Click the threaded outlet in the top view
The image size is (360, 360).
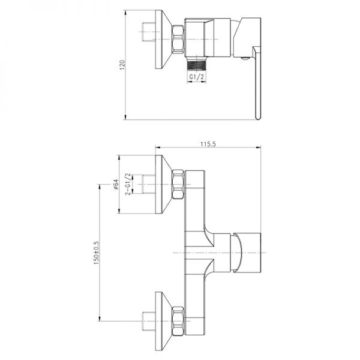(x=196, y=62)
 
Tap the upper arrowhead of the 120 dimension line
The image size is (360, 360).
(x=126, y=11)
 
